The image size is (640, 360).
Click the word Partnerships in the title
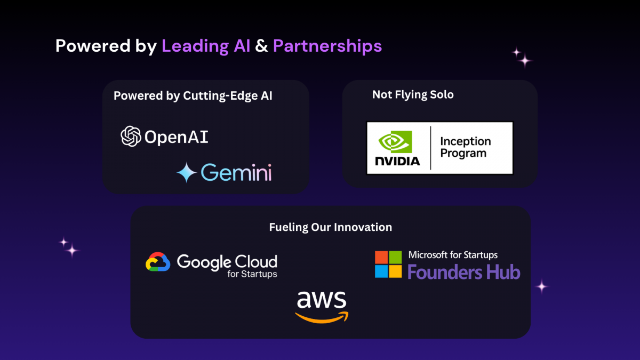327,46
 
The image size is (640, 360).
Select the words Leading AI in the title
206,46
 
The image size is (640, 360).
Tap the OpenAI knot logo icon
131,137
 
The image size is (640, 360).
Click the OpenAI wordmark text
177,137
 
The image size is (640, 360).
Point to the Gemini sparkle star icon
187,172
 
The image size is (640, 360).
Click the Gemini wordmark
236,172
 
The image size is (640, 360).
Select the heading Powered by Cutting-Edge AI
193,95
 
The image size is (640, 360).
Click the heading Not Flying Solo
413,94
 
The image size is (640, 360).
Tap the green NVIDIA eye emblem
395,142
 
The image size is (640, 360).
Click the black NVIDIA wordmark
397,161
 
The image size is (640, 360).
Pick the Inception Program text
466,147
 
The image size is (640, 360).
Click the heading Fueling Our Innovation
331,227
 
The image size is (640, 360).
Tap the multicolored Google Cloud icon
158,261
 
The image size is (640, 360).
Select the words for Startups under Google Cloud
252,274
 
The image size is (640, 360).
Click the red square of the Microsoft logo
381,257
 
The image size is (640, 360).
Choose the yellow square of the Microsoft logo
395,271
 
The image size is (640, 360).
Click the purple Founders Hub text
463,271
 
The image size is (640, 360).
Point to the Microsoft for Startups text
453,255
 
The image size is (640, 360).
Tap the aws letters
322,300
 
